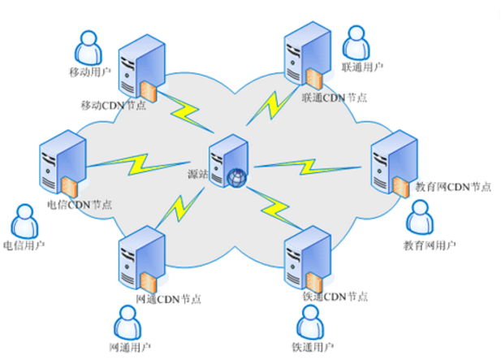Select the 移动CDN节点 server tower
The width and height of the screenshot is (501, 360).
coord(136,69)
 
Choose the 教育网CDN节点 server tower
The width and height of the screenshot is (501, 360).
coord(390,167)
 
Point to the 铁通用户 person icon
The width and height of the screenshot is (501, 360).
coord(309,324)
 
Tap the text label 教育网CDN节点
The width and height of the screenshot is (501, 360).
coord(452,187)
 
